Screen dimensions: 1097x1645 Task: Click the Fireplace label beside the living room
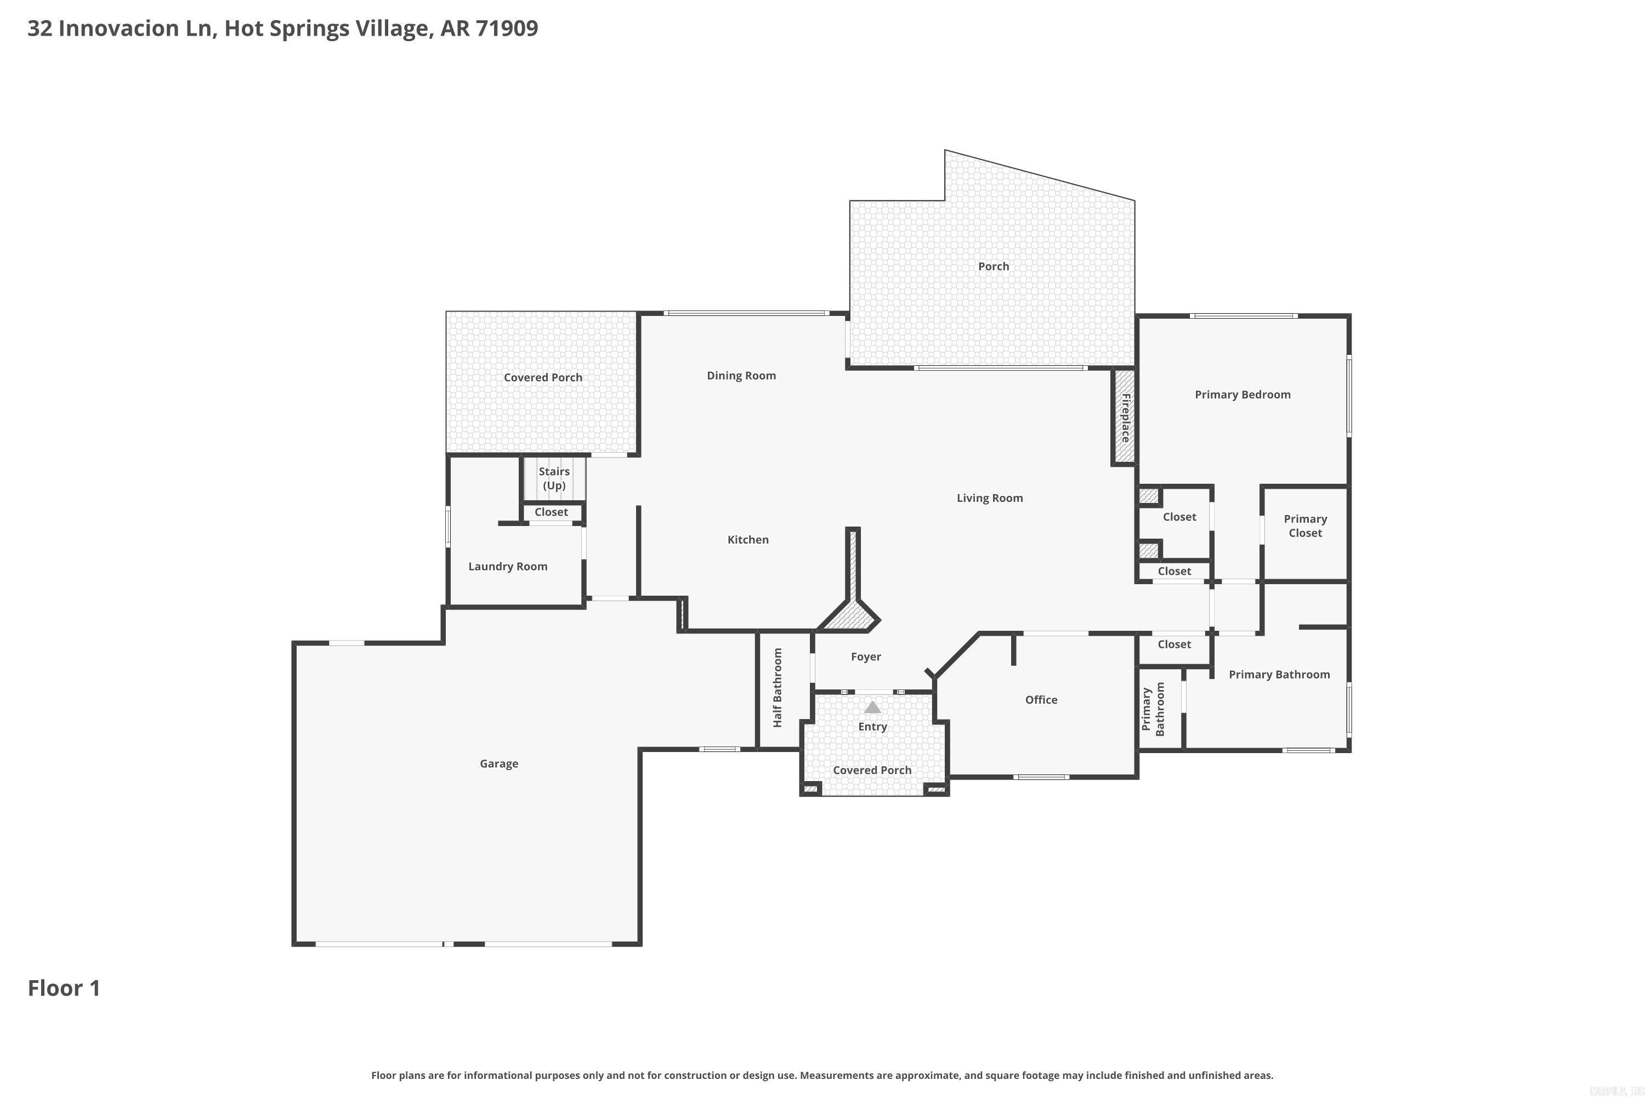click(1125, 417)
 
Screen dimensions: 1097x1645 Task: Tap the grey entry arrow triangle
click(872, 708)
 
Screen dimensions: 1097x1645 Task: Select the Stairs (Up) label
click(554, 478)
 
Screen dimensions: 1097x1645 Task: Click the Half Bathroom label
click(778, 687)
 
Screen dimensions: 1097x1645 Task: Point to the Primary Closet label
click(1305, 525)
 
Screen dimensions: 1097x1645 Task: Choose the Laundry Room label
click(508, 567)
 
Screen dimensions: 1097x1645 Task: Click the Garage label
click(498, 764)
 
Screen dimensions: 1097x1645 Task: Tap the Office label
click(1041, 700)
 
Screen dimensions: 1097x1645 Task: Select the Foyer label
click(866, 656)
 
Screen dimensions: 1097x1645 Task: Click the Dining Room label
click(741, 376)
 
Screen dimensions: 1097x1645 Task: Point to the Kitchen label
click(748, 539)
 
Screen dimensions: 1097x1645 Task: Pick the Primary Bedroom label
click(1242, 394)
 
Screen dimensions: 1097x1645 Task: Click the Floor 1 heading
click(64, 988)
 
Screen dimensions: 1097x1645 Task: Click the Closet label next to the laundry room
click(551, 512)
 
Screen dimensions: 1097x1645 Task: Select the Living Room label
click(990, 498)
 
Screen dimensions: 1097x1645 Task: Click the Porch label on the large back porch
click(993, 267)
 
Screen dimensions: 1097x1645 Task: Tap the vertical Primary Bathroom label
click(1153, 709)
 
